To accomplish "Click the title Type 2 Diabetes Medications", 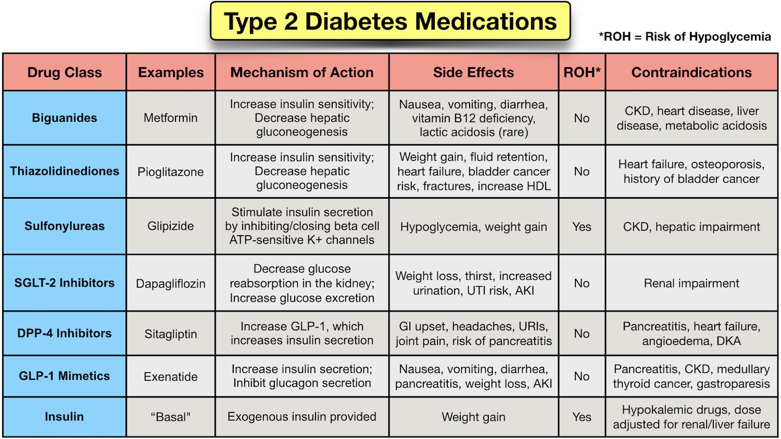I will [x=390, y=22].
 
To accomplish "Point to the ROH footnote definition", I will [x=685, y=37].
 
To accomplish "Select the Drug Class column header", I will [x=65, y=72].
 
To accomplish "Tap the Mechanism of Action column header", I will [x=302, y=72].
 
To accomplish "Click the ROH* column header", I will [x=582, y=72].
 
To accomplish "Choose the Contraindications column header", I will [x=691, y=72].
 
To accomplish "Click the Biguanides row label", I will [x=65, y=118].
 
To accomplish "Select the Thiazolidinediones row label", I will [x=65, y=171].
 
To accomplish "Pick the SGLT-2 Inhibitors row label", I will [x=65, y=283].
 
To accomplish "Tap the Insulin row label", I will [x=65, y=417].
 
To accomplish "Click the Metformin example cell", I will [x=171, y=118].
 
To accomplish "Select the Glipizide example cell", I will [x=171, y=226].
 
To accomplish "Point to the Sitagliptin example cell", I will [x=171, y=334].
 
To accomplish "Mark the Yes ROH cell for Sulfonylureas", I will [x=582, y=227].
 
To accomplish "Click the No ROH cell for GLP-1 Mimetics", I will [x=582, y=377].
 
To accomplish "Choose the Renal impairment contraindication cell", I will [x=691, y=283].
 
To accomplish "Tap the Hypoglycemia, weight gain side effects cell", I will [x=473, y=227].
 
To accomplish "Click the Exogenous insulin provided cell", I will [x=302, y=417].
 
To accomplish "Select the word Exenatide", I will [x=171, y=377].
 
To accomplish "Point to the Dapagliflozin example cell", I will [x=171, y=283].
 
